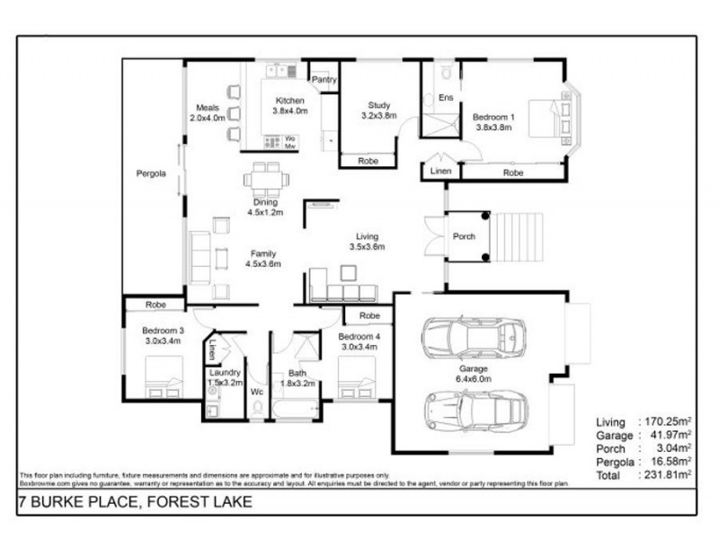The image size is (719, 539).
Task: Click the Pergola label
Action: click(x=151, y=173)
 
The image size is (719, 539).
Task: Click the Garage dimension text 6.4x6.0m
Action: click(x=474, y=381)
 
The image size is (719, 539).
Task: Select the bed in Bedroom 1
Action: click(x=546, y=117)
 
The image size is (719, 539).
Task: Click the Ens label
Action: click(x=445, y=97)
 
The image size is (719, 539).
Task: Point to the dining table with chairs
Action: click(x=266, y=179)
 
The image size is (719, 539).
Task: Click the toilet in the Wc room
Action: click(x=258, y=408)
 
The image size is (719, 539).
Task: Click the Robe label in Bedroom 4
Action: click(x=368, y=316)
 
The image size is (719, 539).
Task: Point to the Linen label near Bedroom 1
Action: click(x=440, y=171)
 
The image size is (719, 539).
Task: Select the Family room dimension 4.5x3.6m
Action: click(x=263, y=264)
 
